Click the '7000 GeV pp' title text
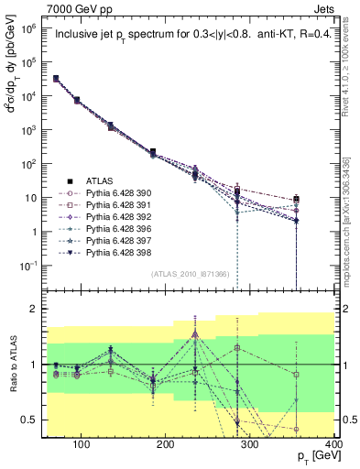pos(71,8)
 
